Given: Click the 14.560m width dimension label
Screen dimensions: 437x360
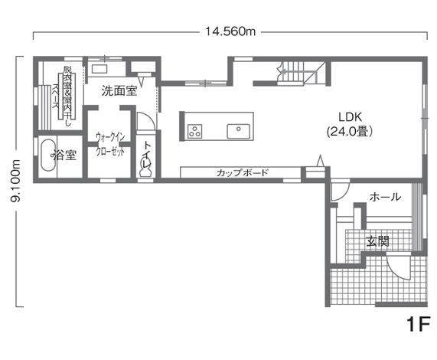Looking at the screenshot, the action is (x=230, y=31).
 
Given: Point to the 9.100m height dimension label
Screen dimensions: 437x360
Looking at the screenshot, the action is (x=15, y=181).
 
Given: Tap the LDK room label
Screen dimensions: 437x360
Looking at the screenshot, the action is (x=351, y=117).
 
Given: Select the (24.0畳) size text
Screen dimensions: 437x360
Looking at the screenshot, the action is (x=350, y=131).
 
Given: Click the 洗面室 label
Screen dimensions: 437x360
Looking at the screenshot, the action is (x=119, y=91).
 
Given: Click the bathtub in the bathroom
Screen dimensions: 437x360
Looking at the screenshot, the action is (x=47, y=155).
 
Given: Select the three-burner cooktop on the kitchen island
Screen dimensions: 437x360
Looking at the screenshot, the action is (x=195, y=131).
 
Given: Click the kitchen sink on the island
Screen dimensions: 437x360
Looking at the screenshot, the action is (x=238, y=131).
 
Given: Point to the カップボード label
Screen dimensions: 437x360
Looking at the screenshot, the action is (x=242, y=172).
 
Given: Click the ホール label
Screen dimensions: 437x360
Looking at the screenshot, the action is (x=385, y=197).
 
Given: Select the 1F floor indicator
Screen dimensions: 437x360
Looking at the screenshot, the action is (x=419, y=324).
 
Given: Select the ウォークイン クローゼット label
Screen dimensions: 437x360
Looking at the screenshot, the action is (x=110, y=144).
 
